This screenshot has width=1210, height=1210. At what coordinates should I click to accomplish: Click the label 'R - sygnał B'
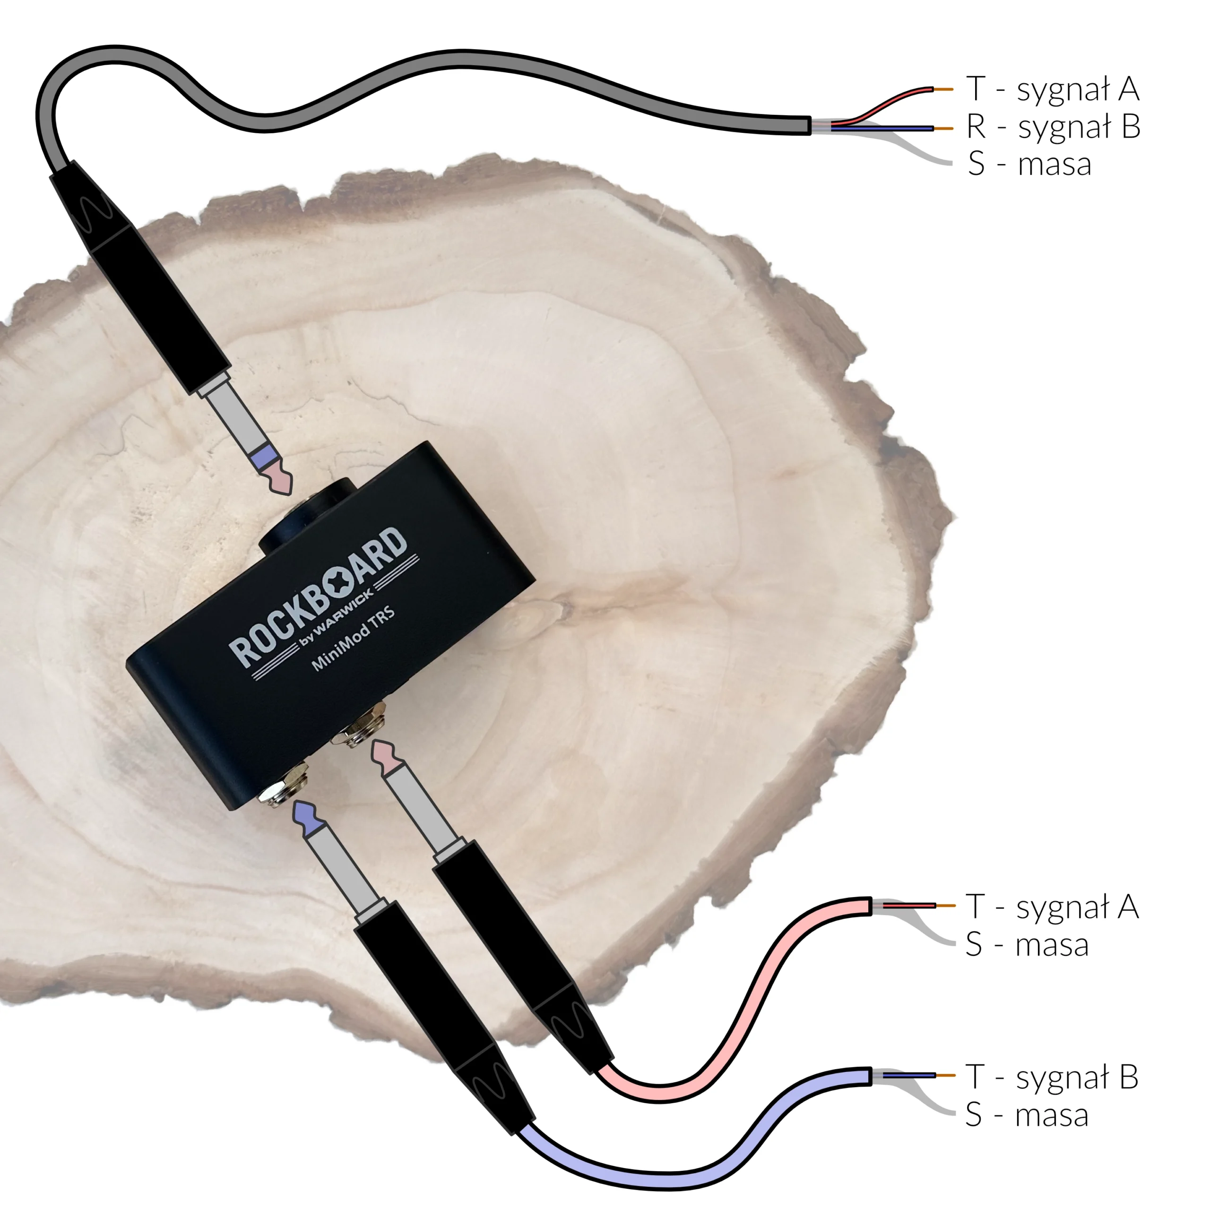click(1053, 127)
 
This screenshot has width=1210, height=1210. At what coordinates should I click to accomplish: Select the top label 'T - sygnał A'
click(1053, 89)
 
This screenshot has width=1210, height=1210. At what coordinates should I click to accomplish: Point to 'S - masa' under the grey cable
click(1029, 164)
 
